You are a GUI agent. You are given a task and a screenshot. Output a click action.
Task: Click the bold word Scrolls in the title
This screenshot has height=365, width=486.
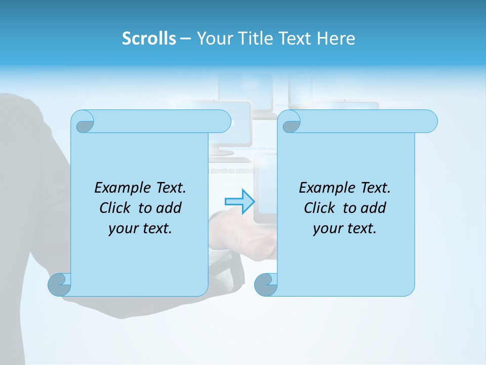click(149, 39)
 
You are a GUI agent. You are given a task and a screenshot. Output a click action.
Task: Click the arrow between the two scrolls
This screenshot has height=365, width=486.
click(239, 201)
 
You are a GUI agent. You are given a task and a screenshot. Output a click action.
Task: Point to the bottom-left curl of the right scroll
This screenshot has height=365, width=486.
click(266, 284)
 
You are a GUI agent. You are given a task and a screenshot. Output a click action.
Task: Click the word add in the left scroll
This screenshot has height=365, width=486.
click(169, 208)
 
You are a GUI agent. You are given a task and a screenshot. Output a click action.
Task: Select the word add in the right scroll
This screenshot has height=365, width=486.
click(374, 208)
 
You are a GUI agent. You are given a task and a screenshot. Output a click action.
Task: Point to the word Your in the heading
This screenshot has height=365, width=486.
click(213, 39)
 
